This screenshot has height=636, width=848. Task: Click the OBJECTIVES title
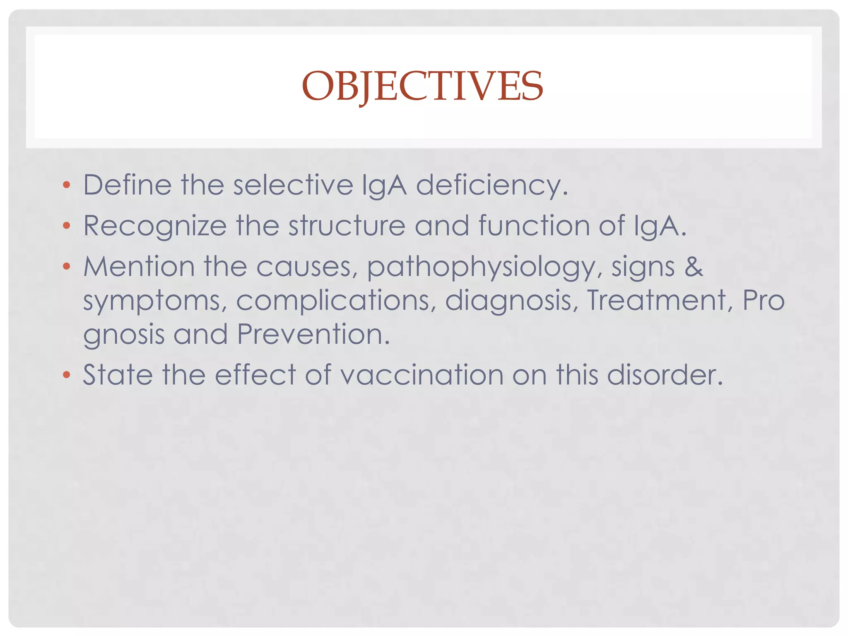click(422, 86)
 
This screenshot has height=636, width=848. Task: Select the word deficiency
click(491, 185)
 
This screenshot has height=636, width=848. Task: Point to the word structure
click(347, 226)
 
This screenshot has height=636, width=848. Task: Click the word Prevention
click(313, 334)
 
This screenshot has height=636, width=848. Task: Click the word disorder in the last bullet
click(665, 375)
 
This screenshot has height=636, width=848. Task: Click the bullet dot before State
click(67, 375)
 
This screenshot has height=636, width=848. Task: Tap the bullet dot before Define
click(67, 185)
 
